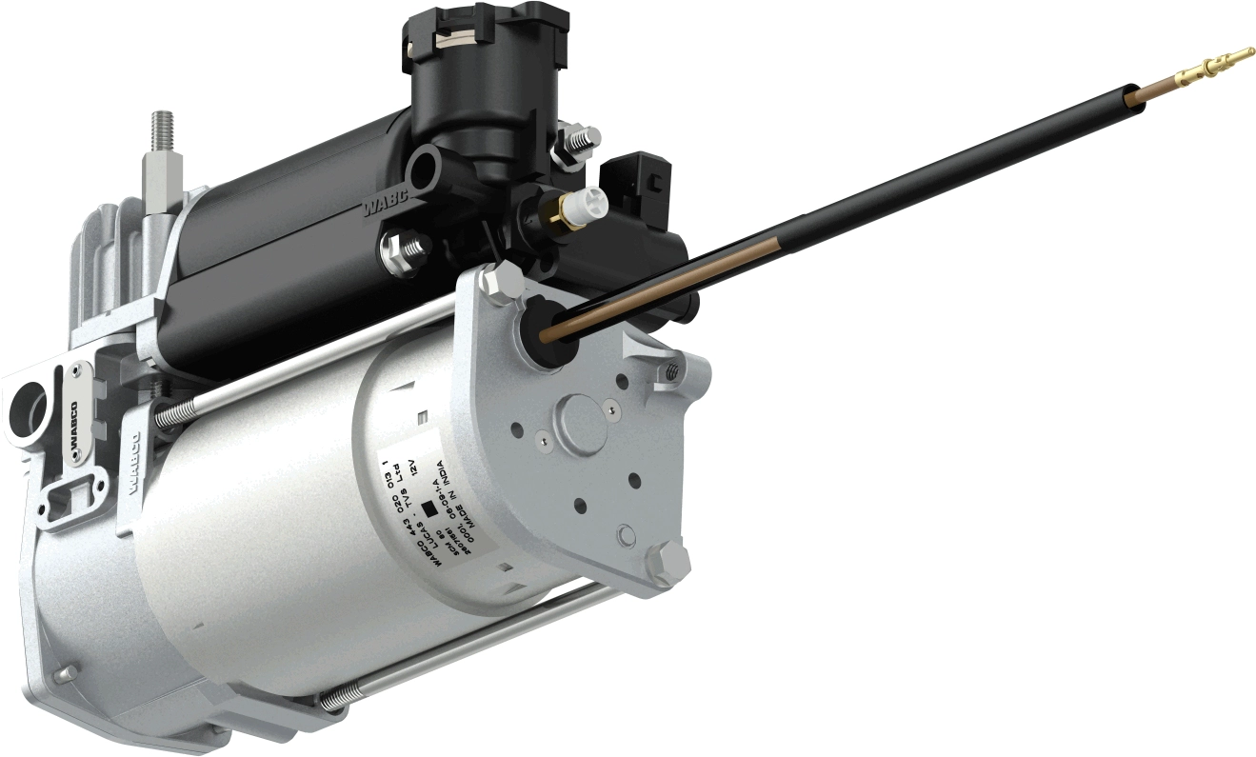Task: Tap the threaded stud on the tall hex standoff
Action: coord(158,131)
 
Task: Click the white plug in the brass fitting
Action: coord(591,199)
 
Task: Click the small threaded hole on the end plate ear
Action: coord(673,373)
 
